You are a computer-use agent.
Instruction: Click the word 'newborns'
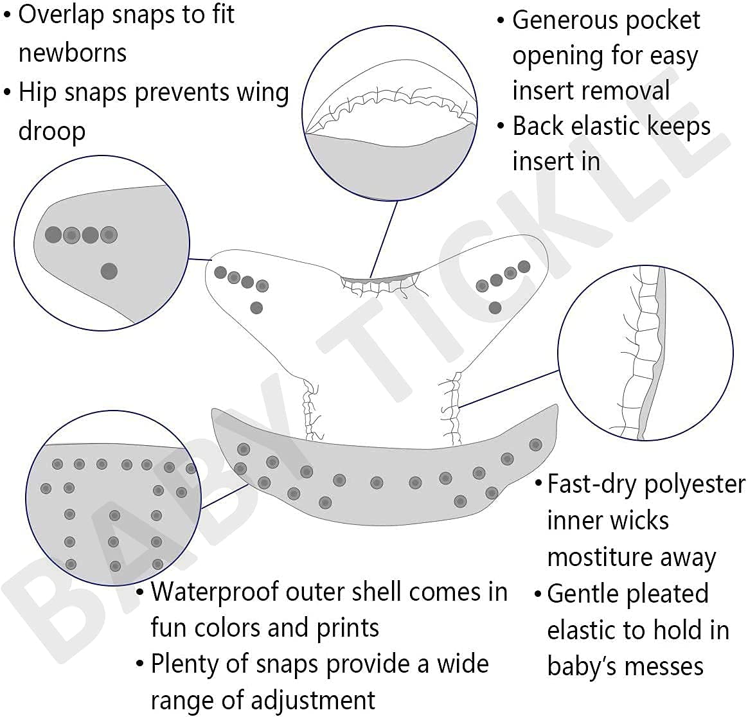tap(72, 53)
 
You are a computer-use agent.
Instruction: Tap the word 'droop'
tap(51, 131)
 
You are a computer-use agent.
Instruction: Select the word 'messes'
tap(668, 666)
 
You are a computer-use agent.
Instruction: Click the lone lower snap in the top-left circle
tap(109, 270)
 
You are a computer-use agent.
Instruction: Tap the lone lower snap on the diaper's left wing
tap(256, 308)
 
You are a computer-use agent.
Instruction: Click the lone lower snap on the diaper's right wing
tap(495, 307)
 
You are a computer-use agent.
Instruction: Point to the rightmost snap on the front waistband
tap(535, 445)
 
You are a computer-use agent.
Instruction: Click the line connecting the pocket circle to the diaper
tap(384, 238)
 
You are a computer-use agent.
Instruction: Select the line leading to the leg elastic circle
tap(509, 388)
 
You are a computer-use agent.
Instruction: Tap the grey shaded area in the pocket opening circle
tap(390, 164)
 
